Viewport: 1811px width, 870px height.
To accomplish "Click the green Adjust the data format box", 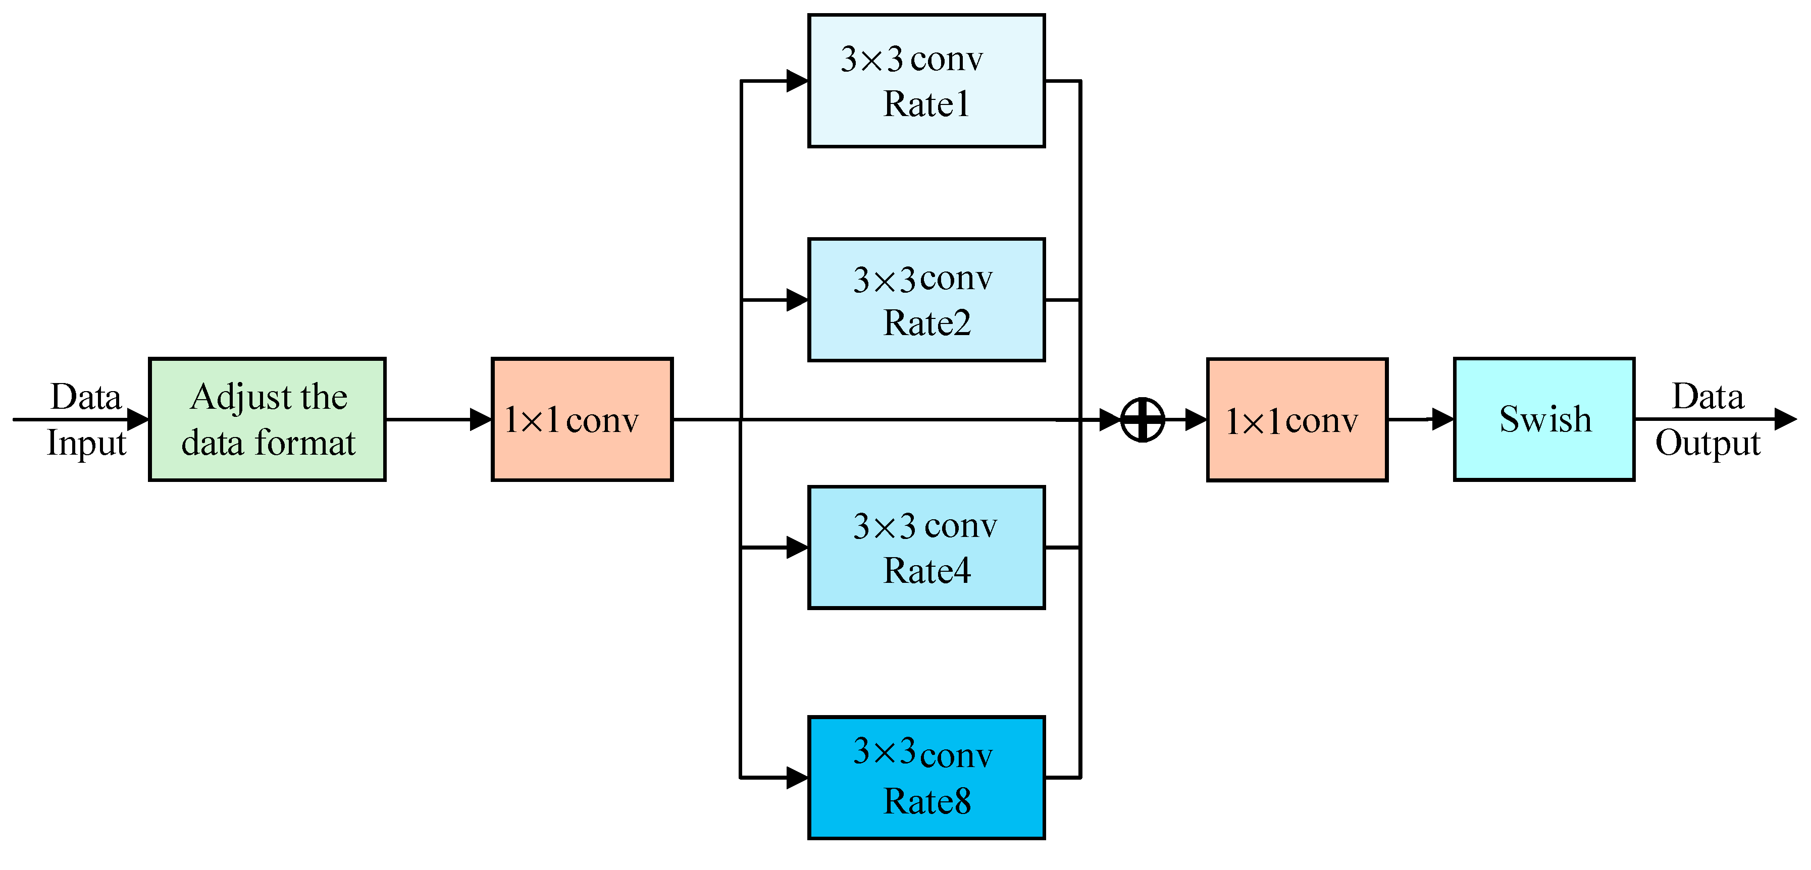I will tap(267, 419).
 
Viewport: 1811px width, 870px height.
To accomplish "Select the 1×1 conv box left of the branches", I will tap(582, 419).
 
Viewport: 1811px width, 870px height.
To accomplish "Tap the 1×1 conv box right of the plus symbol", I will tap(1297, 419).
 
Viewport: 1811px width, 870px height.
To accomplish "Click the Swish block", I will tap(1544, 419).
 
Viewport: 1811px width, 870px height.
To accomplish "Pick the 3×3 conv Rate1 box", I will tap(926, 81).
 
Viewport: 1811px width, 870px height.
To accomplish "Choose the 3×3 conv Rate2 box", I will tap(926, 300).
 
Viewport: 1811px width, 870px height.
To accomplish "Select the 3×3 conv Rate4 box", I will tap(926, 548).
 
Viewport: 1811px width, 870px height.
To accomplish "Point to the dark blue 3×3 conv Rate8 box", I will tap(926, 778).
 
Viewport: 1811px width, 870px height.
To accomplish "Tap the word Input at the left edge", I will tap(86, 443).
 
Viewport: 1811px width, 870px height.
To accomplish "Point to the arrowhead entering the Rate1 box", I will tap(797, 81).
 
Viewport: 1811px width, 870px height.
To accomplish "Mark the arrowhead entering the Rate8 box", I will tap(797, 778).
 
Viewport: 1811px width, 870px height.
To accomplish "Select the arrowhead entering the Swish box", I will tap(1442, 419).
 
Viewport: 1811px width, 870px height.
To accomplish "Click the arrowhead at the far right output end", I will tap(1786, 419).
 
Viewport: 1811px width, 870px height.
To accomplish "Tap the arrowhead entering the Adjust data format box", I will tap(138, 419).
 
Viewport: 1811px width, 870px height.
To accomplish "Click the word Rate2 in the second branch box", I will tap(926, 323).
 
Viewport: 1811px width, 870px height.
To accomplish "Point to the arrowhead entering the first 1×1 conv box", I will tap(481, 419).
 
